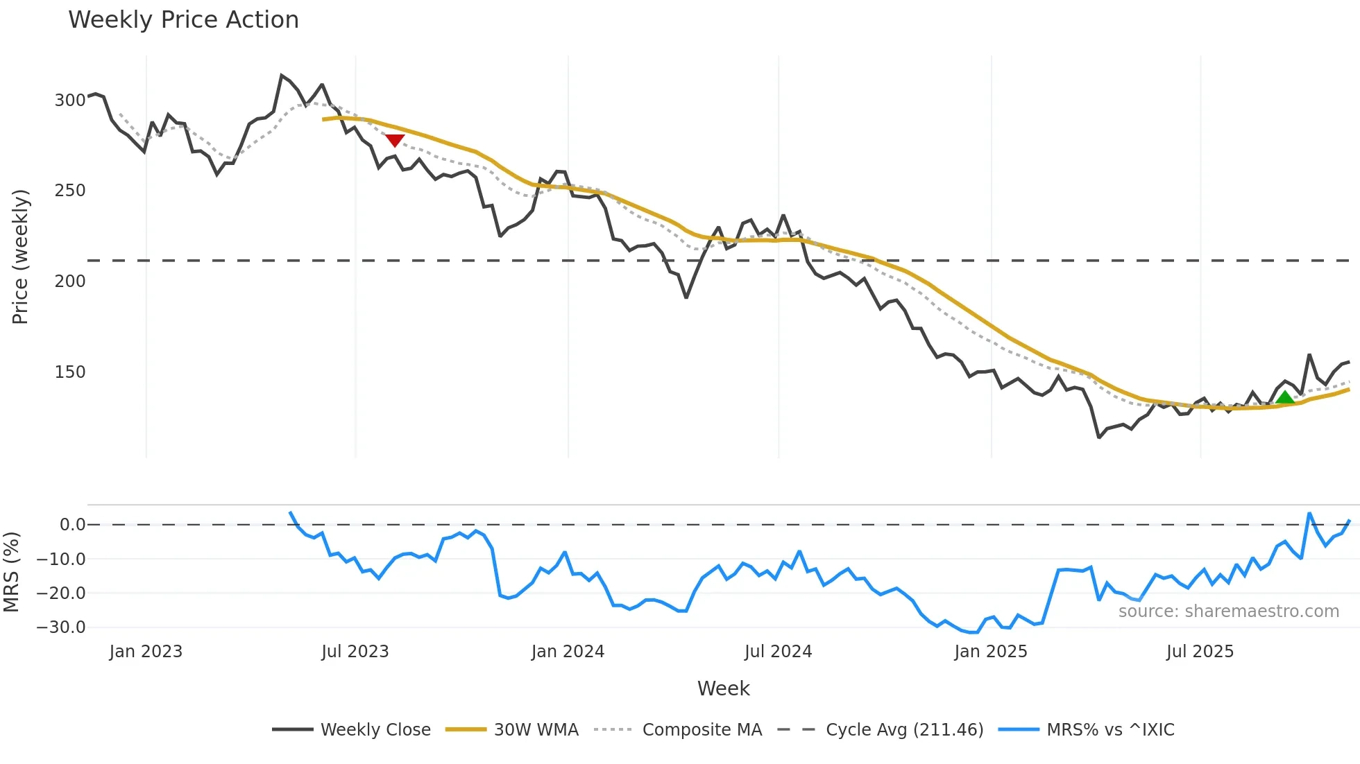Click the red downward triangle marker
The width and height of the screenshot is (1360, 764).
(x=395, y=141)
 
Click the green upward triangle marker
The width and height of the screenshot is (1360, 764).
(x=1285, y=397)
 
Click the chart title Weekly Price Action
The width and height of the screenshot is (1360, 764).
(x=183, y=19)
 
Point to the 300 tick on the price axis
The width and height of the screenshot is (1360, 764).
(x=70, y=101)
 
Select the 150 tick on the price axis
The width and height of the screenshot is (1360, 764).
(x=70, y=372)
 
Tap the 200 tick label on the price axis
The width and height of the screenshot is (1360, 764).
(x=70, y=281)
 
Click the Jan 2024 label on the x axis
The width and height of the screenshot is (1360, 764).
(x=568, y=652)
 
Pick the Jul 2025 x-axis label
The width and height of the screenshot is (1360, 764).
(x=1200, y=652)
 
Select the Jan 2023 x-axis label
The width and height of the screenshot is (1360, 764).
(x=146, y=652)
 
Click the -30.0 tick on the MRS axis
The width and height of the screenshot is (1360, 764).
(x=61, y=627)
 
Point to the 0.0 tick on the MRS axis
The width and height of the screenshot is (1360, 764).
(x=72, y=525)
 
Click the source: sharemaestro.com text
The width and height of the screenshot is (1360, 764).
(x=1228, y=611)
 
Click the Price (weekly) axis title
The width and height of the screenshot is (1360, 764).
(x=20, y=257)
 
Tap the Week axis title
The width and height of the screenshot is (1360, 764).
(x=723, y=688)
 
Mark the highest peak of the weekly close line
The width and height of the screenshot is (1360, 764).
(x=282, y=75)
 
